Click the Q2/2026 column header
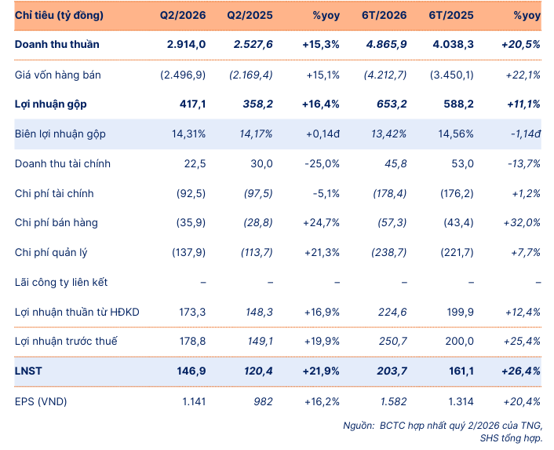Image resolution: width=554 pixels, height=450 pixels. (x=183, y=15)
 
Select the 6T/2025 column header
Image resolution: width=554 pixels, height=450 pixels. (x=451, y=15)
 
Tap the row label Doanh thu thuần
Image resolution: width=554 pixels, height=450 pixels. (x=56, y=44)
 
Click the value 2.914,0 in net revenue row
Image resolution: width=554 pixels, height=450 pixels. (x=186, y=44)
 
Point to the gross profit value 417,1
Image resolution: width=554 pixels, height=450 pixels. (x=192, y=104)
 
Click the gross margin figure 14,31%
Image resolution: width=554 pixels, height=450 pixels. (x=188, y=134)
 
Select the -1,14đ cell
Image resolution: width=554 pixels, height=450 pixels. (x=526, y=134)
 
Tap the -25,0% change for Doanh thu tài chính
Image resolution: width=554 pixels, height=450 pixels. (x=322, y=163)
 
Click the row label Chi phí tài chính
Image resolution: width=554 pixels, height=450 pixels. (x=54, y=193)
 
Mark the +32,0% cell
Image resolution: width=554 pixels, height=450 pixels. (x=522, y=223)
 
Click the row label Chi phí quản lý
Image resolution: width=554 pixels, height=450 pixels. (x=51, y=252)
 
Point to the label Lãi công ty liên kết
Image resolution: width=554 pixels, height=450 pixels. (x=61, y=282)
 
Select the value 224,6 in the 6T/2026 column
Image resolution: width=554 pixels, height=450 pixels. (x=392, y=312)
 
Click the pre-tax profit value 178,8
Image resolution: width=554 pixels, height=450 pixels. (x=192, y=341)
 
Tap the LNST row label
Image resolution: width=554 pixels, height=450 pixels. (x=28, y=371)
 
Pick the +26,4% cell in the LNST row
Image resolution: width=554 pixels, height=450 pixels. (x=521, y=371)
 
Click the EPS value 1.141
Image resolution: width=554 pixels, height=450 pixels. (x=194, y=401)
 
